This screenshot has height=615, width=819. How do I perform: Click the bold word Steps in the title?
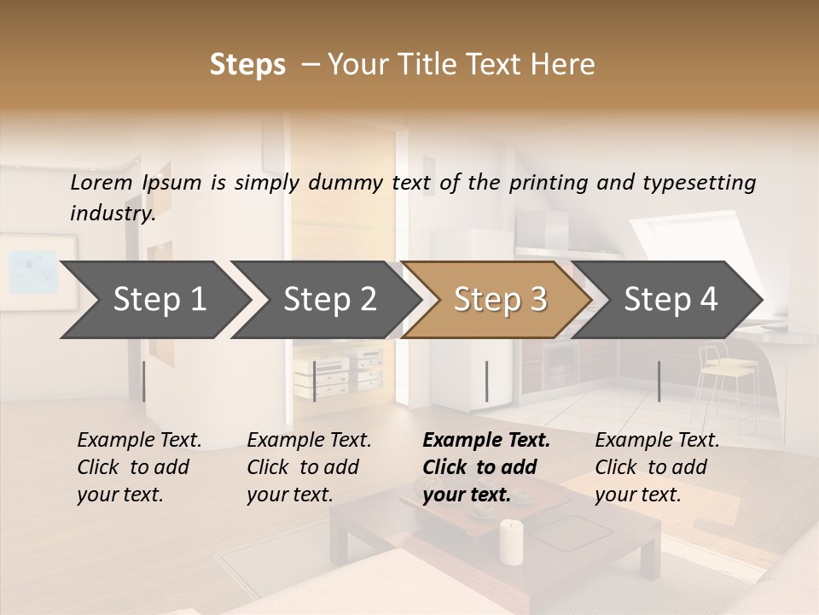point(247,65)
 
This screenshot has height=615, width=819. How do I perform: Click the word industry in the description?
point(112,214)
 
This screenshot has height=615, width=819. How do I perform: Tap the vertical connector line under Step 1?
point(143,381)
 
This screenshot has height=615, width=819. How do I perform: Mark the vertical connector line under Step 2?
point(315,381)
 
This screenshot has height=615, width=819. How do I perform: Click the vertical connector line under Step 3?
point(486,381)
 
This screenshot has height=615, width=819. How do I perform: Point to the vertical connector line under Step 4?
point(659,381)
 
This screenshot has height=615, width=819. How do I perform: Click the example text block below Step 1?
point(139,467)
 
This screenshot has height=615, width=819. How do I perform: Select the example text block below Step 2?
point(309,467)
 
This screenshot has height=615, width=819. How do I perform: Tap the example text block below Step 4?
point(657,467)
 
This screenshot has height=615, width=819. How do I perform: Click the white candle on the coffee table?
point(511,542)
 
